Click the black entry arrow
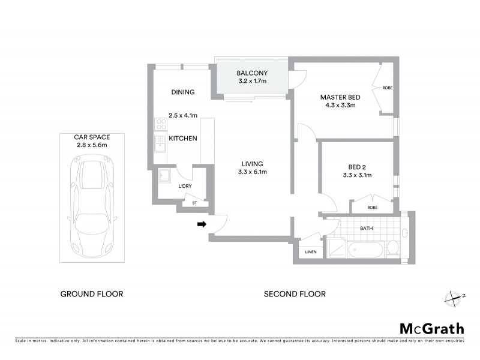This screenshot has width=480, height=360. click(x=202, y=224)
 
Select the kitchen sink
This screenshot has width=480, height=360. click(x=160, y=145)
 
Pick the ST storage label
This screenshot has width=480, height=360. click(x=194, y=203)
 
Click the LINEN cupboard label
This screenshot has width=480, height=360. click(x=311, y=251)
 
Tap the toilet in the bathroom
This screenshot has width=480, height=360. click(x=392, y=247)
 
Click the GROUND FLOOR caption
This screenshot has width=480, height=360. click(x=92, y=294)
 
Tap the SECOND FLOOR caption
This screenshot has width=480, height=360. click(x=295, y=294)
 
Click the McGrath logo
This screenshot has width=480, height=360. click(x=431, y=328)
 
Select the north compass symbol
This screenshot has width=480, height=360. click(x=455, y=296)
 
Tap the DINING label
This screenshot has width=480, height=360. click(x=183, y=92)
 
